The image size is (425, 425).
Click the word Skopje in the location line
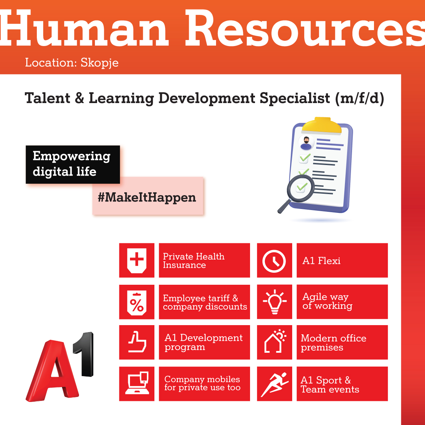pos(100,63)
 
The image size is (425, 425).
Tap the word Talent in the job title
pos(47,98)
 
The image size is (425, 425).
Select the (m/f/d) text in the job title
pos(359,98)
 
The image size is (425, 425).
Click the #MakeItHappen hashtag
pos(147,197)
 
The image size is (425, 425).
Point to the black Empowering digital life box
pos(73,164)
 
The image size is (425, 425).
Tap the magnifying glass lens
pos(301,188)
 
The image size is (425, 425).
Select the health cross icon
pos(137,260)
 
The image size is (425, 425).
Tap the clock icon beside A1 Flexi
pos(274,261)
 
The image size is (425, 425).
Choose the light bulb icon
pos(274,302)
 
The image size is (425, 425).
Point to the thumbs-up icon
pos(137,342)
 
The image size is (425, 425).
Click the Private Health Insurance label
pos(193,261)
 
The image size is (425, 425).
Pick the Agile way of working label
pos(327,301)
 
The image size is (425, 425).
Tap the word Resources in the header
pos(305,28)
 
